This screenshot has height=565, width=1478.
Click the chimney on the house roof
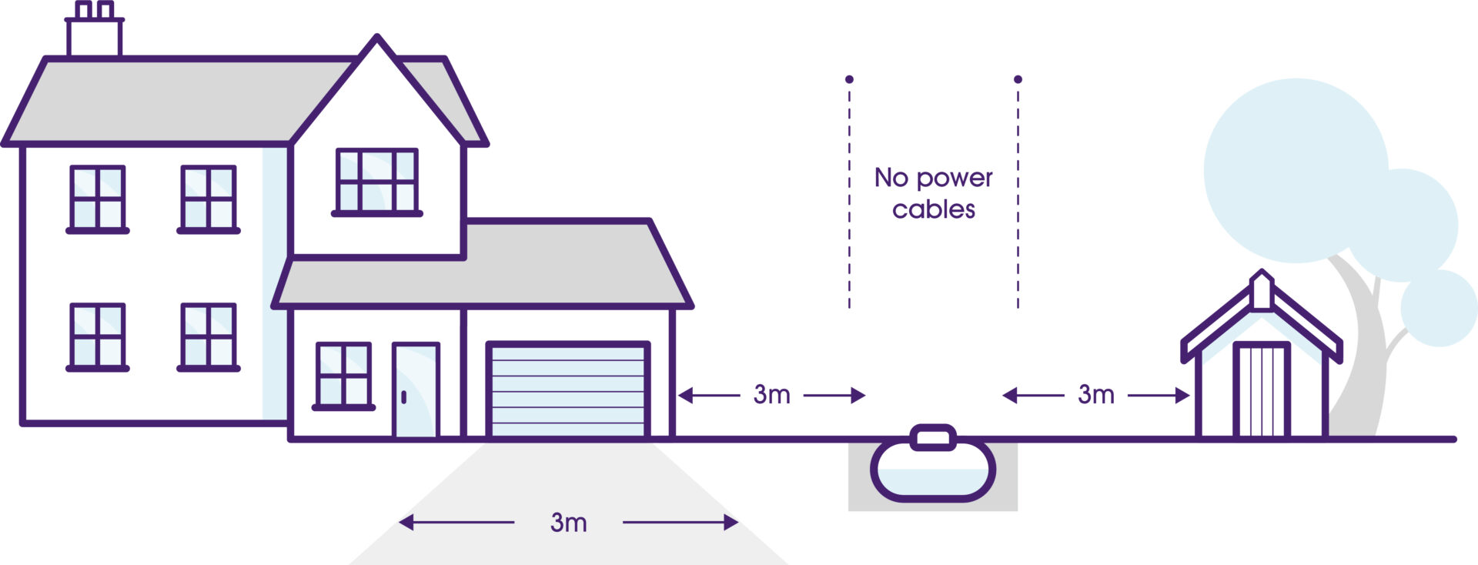94,35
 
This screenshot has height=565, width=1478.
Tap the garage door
568,391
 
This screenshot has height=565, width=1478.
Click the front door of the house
416,391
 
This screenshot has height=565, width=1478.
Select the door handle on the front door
404,397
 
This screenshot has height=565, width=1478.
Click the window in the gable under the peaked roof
377,181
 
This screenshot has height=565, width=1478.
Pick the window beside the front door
343,375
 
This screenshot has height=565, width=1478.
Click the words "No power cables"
933,193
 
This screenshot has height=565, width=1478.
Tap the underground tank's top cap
933,438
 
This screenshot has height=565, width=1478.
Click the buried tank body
933,473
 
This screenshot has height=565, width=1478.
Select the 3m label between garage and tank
771,395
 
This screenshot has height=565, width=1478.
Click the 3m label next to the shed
1095,395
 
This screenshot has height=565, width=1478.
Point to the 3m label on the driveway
569,523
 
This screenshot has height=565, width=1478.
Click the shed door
1261,390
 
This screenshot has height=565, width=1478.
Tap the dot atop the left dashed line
849,79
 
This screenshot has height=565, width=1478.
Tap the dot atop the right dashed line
1018,79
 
